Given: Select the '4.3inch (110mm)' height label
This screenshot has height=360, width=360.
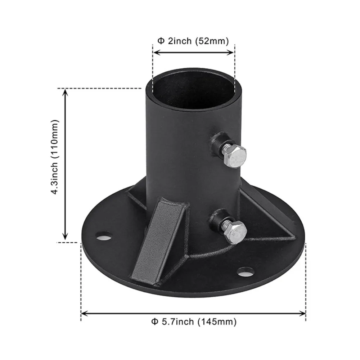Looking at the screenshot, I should [x=55, y=157].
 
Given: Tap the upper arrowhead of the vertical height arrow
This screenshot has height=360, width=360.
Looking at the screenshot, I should [x=65, y=93].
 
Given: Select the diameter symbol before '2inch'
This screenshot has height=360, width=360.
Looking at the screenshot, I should [x=161, y=41].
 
